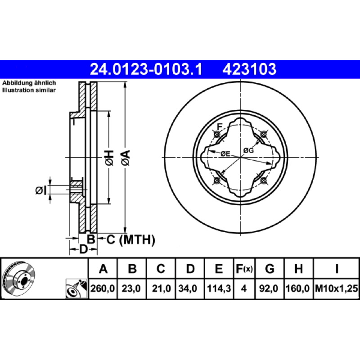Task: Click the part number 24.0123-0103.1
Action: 146,69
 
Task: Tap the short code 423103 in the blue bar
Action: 249,69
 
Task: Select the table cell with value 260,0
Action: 103,288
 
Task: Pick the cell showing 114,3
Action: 219,288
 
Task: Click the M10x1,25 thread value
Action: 336,288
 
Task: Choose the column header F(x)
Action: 244,269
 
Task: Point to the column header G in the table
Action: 270,269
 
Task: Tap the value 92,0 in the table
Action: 268,288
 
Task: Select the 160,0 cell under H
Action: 298,288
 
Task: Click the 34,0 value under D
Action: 188,288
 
